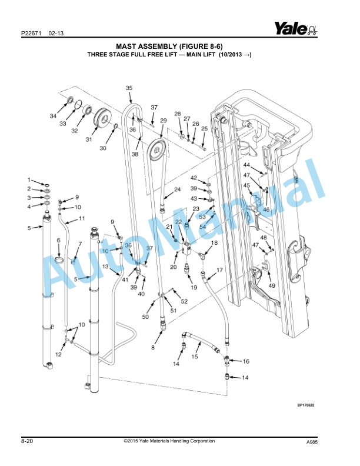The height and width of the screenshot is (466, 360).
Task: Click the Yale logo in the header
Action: [x=295, y=28]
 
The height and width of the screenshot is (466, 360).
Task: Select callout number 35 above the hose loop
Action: [x=129, y=88]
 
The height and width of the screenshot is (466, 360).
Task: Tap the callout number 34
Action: [x=53, y=115]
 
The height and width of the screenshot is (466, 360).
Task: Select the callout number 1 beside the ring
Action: [x=28, y=179]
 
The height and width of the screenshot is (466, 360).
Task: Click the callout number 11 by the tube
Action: [x=82, y=219]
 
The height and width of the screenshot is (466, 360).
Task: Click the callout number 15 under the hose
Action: [x=195, y=357]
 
